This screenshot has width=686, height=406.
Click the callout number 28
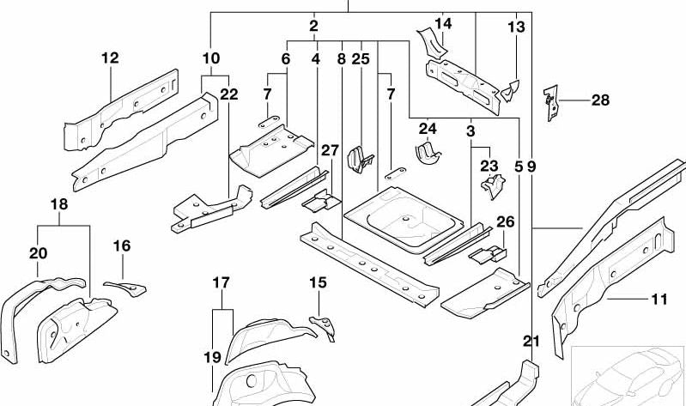[x=600, y=100]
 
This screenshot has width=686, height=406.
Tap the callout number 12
[x=109, y=58]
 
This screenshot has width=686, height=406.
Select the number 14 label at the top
[x=442, y=23]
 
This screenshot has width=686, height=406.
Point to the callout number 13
[x=516, y=27]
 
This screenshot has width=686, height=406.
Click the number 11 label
[x=659, y=300]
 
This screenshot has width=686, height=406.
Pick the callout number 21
[x=532, y=342]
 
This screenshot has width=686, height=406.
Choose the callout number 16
[x=122, y=246]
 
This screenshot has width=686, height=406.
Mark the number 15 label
[x=318, y=282]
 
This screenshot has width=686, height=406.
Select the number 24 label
[x=428, y=129]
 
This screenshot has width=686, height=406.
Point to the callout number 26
[x=505, y=222]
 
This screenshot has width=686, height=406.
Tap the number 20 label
[x=39, y=253]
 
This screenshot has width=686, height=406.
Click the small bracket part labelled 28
[x=552, y=100]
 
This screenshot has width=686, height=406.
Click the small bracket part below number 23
[x=492, y=185]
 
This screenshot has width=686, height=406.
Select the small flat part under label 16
[x=124, y=284]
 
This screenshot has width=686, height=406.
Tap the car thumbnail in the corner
[x=628, y=374]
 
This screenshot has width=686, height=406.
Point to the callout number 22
[x=228, y=94]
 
